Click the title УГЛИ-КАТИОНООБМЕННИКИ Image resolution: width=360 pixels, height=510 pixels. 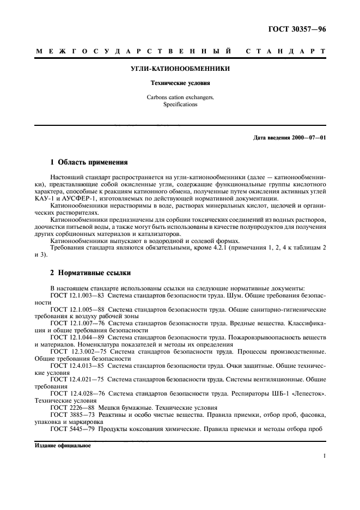click(x=180, y=69)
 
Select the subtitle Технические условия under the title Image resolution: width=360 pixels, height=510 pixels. click(x=180, y=84)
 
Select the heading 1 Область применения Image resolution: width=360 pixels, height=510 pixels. click(x=89, y=162)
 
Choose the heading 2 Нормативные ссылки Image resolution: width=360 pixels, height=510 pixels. click(x=90, y=272)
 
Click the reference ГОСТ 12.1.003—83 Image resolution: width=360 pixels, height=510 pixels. click(x=76, y=295)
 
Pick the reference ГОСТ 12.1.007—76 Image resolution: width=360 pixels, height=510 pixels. click(x=76, y=323)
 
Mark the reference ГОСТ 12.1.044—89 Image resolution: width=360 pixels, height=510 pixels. click(x=76, y=337)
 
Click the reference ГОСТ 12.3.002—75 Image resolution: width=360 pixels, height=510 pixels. click(x=77, y=351)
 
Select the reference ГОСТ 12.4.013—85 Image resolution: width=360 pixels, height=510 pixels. click(x=76, y=366)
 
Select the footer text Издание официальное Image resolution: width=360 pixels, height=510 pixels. click(x=63, y=445)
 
